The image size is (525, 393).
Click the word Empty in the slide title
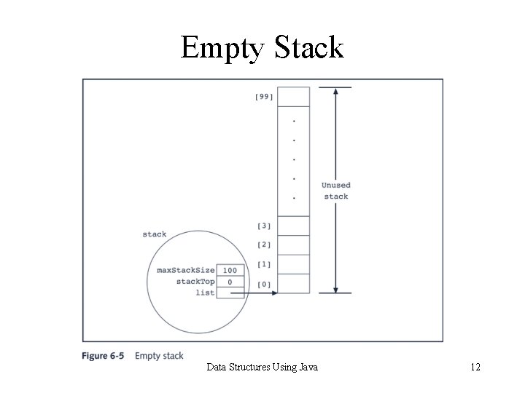(223, 48)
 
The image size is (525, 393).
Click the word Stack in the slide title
(308, 48)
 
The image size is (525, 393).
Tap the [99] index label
(264, 98)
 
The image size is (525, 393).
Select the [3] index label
(264, 226)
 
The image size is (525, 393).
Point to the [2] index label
(264, 245)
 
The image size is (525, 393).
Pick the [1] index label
(264, 264)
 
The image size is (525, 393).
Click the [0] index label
(264, 284)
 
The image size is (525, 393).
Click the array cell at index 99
(295, 97)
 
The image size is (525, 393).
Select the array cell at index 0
(295, 283)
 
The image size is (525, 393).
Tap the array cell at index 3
(295, 226)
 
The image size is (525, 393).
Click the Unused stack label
(335, 191)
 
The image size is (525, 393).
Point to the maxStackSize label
(186, 270)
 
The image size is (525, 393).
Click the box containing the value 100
(230, 270)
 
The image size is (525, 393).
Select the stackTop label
(195, 281)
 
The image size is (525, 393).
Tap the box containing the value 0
(230, 281)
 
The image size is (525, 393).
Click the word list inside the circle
(205, 292)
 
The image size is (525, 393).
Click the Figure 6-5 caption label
(103, 356)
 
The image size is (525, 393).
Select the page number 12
(475, 368)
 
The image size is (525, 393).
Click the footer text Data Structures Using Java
(262, 368)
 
